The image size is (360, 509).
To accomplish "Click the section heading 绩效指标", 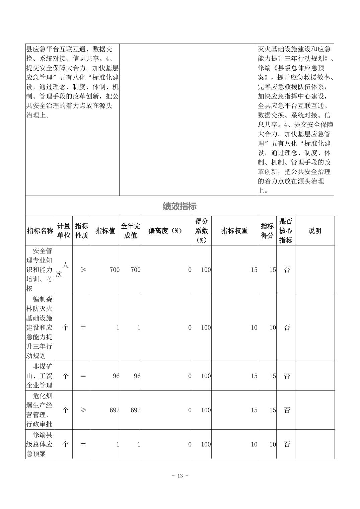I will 179,206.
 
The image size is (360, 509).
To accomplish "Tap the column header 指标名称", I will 40,231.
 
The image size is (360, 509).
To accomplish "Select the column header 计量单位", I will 64,231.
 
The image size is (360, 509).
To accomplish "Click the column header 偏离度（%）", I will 166,231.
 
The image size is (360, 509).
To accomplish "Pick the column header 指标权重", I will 234,231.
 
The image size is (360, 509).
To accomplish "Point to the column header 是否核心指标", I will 286,231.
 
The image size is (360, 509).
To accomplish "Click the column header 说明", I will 314,231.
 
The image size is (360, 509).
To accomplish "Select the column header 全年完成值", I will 130,231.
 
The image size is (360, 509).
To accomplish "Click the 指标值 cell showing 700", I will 115,270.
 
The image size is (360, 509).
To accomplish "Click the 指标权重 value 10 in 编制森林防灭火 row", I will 254,328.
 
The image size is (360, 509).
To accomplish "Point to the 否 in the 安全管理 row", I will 287,270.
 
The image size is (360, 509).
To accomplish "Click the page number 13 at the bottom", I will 180,476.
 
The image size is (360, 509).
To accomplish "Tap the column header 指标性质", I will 82,231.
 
